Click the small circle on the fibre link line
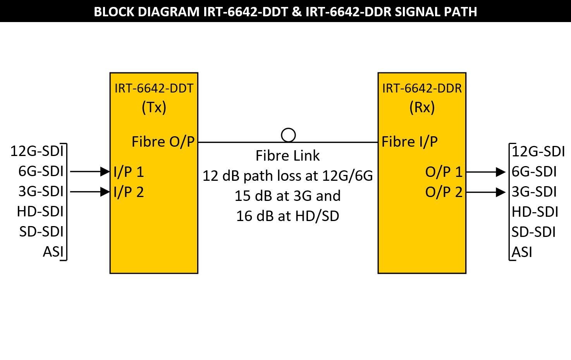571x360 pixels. (288, 135)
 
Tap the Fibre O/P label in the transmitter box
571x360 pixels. (163, 142)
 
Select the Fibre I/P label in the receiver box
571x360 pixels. (409, 142)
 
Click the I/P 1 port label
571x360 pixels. (129, 172)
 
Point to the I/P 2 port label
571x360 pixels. (129, 192)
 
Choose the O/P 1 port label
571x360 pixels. (444, 172)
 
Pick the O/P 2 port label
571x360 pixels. (444, 192)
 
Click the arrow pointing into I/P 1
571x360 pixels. (90, 171)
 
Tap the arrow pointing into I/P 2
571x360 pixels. (90, 192)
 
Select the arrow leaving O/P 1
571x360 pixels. (486, 171)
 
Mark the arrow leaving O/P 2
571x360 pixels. (486, 192)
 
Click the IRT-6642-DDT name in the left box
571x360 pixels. (154, 88)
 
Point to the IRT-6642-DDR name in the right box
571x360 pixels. (422, 88)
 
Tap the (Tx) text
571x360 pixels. (154, 107)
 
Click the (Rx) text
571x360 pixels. (422, 107)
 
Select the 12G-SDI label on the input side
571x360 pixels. (37, 151)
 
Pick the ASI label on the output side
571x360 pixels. (522, 252)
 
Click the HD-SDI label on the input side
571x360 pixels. (40, 211)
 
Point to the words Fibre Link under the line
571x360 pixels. (287, 156)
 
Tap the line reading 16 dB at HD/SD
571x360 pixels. (287, 216)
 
